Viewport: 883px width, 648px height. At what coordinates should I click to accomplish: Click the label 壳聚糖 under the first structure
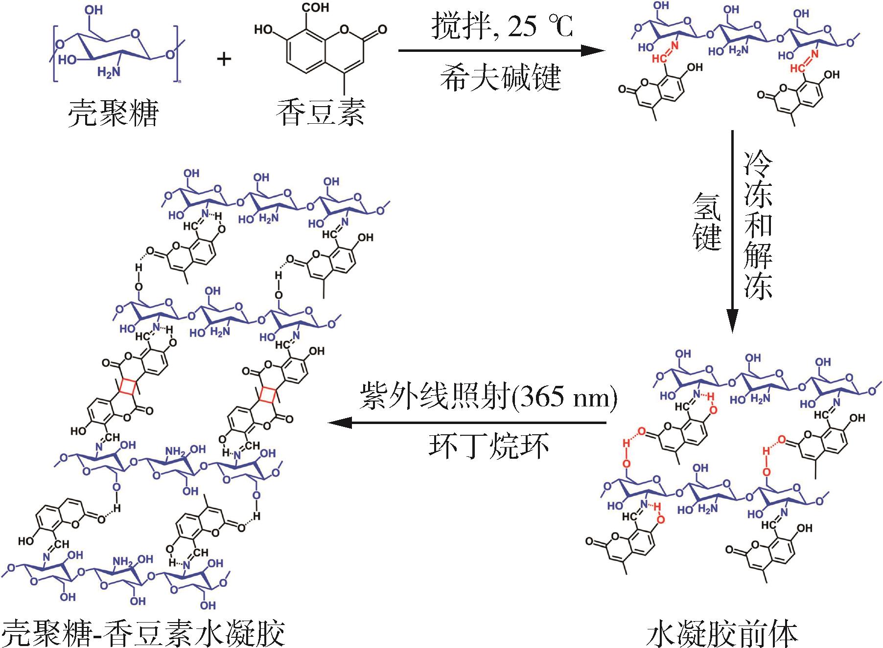pos(113,113)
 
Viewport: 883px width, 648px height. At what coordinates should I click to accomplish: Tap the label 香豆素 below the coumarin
pos(320,112)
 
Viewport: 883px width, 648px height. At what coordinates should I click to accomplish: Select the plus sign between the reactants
pos(224,59)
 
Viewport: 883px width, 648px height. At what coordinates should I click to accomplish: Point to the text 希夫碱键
pos(500,77)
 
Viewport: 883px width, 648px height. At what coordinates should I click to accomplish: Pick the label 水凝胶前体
pos(722,633)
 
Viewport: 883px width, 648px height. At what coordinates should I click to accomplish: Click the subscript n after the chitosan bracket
pos(179,83)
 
